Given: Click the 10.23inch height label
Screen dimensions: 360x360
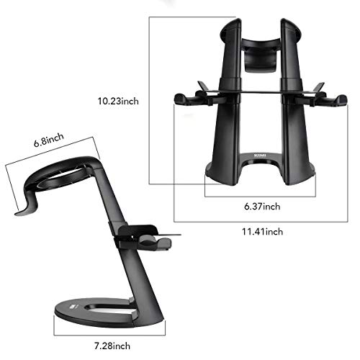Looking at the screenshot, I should tap(119, 101).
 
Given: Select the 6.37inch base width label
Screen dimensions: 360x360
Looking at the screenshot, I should tap(261, 207).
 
